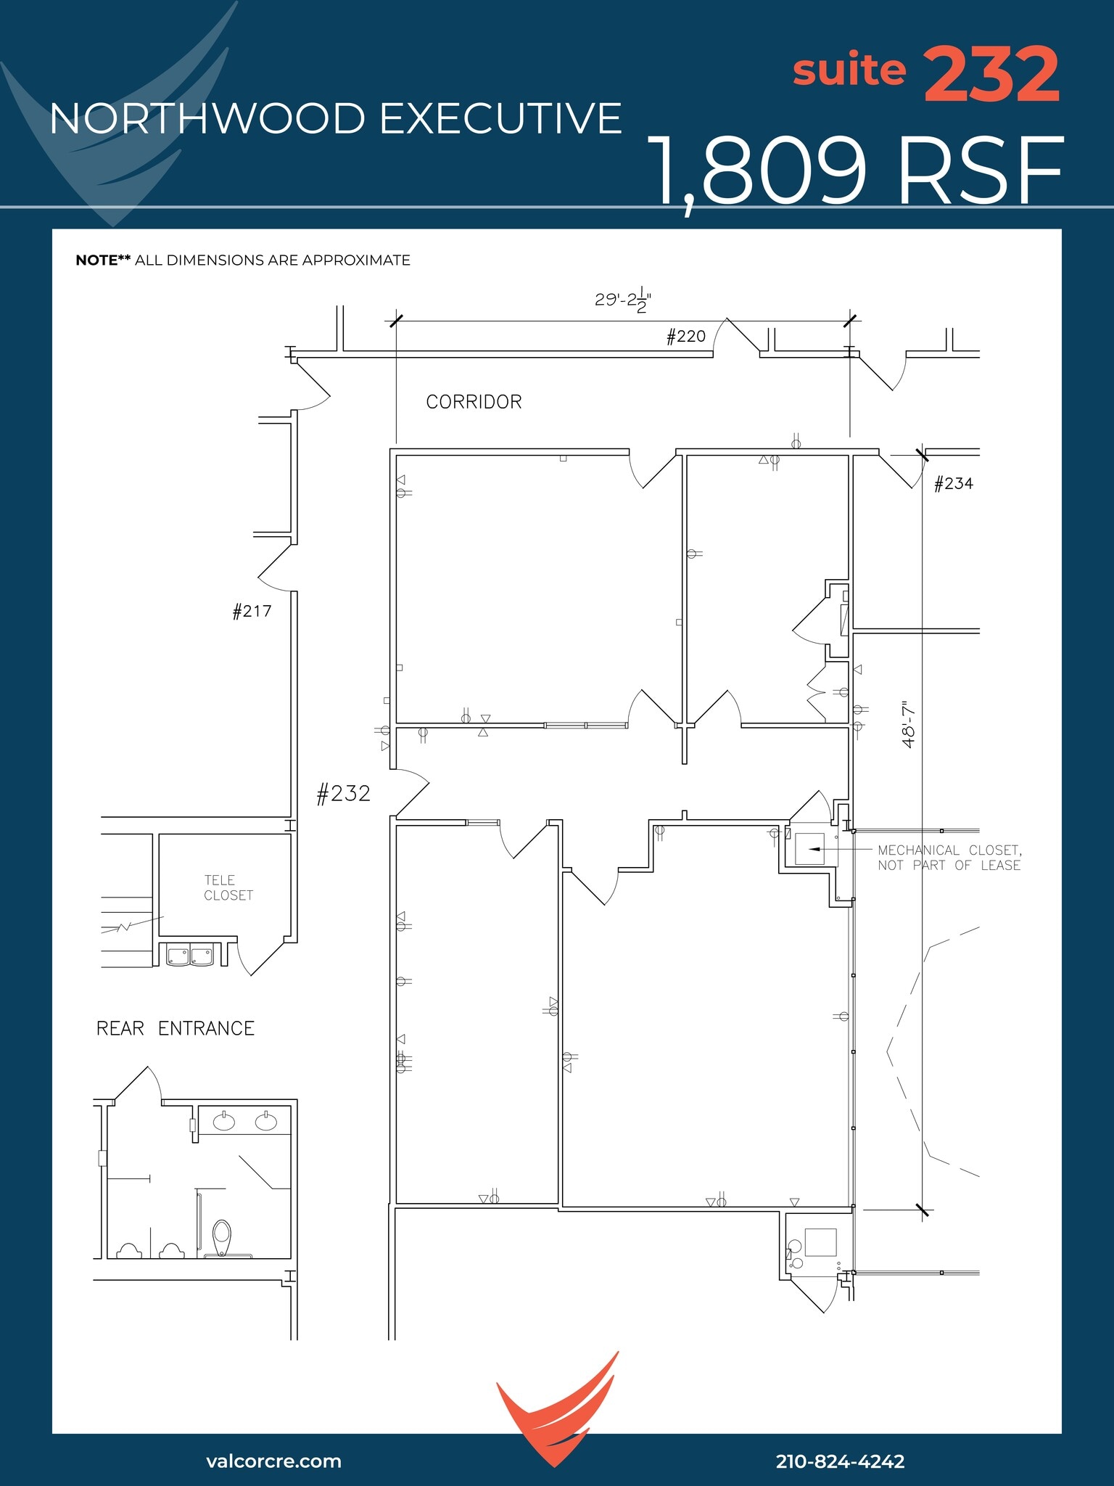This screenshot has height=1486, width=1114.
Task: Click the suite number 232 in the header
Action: (991, 75)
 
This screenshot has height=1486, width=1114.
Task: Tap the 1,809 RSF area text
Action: (856, 172)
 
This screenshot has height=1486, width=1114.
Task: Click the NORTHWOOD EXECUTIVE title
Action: (336, 119)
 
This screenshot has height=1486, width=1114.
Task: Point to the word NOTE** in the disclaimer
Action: (103, 260)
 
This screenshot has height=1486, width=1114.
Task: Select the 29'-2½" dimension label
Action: (622, 300)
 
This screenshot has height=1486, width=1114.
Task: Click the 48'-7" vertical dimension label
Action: (909, 724)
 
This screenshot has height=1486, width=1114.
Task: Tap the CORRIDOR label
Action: (474, 402)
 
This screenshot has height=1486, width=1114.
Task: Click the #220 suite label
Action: (685, 337)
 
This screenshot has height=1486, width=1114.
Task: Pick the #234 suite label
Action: (953, 484)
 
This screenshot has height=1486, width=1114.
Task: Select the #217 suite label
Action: (252, 612)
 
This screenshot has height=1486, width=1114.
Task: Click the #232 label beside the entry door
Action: (343, 794)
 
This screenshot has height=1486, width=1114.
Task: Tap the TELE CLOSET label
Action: (228, 888)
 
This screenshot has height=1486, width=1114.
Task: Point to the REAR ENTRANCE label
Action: (176, 1029)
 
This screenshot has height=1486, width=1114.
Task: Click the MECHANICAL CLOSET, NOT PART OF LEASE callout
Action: (949, 858)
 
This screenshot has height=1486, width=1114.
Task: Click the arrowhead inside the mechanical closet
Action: (814, 848)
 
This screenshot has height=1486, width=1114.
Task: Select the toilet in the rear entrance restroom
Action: (222, 1236)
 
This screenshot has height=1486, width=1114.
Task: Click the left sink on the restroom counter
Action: (223, 1122)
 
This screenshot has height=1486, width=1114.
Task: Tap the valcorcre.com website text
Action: (273, 1461)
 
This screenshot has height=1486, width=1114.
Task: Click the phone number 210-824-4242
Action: (840, 1461)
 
